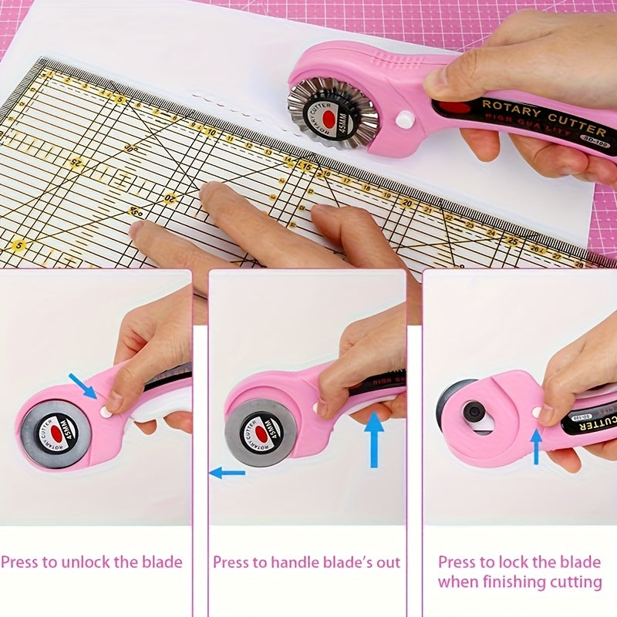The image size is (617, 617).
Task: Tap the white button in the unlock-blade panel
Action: tap(106, 413)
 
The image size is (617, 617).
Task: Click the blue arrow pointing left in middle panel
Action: tap(227, 472)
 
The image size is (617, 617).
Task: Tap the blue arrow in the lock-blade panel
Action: tap(536, 446)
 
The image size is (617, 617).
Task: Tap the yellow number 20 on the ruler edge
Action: tap(406, 202)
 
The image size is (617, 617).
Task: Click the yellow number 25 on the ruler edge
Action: tap(511, 240)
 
